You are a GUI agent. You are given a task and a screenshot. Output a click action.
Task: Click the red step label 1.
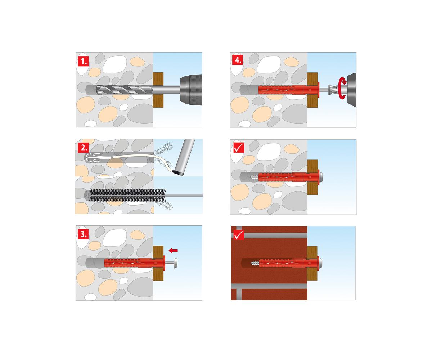click(x=83, y=61)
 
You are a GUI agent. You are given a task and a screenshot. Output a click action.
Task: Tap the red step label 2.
click(x=83, y=148)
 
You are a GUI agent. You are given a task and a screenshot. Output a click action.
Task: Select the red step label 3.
click(x=83, y=234)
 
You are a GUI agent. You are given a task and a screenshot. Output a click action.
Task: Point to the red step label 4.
click(x=237, y=60)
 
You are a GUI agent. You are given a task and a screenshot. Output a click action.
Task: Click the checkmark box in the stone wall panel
click(x=239, y=148)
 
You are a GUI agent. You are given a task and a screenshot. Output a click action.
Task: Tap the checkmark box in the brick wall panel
click(x=239, y=235)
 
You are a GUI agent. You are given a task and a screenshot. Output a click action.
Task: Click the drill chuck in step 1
click(x=191, y=90)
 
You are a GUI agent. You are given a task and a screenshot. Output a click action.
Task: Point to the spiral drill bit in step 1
click(x=124, y=90)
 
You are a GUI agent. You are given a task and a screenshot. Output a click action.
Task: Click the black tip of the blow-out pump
click(x=178, y=174)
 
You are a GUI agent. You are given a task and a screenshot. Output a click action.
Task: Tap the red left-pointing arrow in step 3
click(x=173, y=251)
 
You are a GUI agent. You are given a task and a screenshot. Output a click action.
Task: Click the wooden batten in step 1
click(x=158, y=90)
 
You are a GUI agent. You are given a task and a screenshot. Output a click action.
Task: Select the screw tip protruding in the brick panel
click(x=255, y=264)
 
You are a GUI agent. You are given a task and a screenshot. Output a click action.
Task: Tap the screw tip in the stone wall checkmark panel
click(x=255, y=177)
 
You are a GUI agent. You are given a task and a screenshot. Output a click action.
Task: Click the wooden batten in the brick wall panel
click(x=312, y=264)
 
